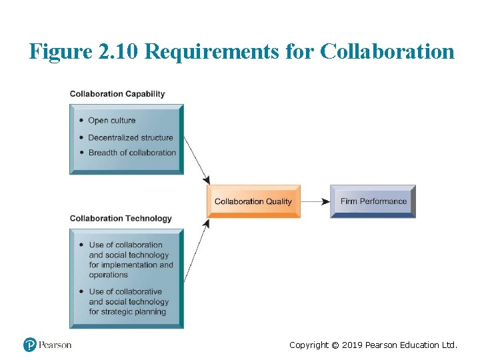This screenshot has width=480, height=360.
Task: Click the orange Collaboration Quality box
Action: (253, 201)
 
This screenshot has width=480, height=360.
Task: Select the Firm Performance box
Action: (373, 201)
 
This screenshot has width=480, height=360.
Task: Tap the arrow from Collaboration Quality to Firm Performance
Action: (315, 201)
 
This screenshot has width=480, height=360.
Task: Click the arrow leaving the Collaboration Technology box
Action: (197, 250)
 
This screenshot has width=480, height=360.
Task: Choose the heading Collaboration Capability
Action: (117, 94)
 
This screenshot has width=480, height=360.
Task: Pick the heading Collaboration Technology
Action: (121, 219)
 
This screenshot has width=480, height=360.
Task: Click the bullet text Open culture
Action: (111, 121)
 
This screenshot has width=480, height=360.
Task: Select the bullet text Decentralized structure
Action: (131, 137)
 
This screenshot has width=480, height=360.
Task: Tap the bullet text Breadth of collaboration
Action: (132, 153)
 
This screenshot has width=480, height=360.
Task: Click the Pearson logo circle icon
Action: (30, 345)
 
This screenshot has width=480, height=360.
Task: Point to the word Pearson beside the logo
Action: (55, 345)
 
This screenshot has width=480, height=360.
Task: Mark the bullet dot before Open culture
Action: (81, 121)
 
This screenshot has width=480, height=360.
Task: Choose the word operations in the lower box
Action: (108, 275)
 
